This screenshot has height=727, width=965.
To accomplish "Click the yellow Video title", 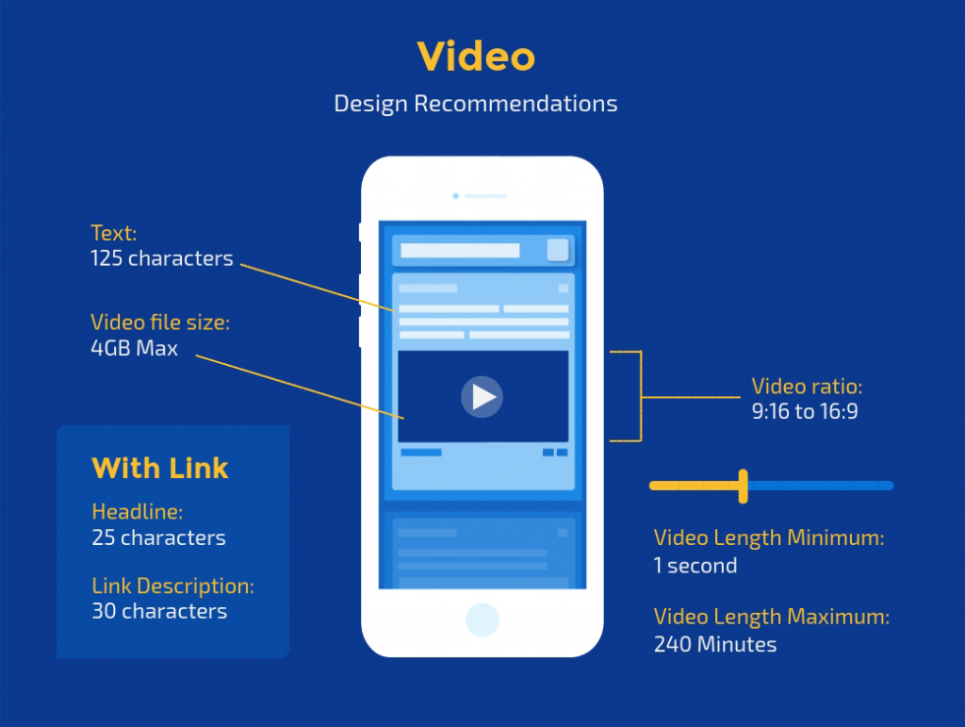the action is click(x=476, y=57).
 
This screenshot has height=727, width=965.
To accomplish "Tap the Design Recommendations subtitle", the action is click(x=476, y=104).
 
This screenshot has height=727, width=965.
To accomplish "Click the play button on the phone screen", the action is click(x=482, y=397).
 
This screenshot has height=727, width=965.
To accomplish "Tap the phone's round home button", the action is click(x=482, y=620).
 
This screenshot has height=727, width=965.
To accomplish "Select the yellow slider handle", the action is click(x=744, y=487).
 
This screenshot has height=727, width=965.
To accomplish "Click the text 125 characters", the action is click(x=162, y=258).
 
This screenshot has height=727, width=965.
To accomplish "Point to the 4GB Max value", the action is click(x=134, y=349).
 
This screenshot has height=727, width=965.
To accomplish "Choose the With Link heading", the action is click(x=160, y=468).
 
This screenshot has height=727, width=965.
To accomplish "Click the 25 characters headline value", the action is click(x=158, y=538).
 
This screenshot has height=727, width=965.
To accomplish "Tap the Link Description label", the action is click(x=173, y=587).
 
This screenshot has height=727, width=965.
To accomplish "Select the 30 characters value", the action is click(x=159, y=611).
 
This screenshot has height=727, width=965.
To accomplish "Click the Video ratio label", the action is click(x=807, y=387).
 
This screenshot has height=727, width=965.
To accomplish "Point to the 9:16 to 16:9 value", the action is click(x=805, y=411).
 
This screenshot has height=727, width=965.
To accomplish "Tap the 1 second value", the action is click(x=695, y=566).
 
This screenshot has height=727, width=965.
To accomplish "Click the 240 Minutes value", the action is click(x=715, y=645).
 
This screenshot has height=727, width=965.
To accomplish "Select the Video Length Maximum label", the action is click(x=772, y=617).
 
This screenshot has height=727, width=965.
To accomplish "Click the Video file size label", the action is click(x=160, y=322).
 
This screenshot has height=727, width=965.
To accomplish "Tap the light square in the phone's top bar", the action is click(x=558, y=250).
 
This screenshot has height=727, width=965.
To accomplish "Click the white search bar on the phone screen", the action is click(x=460, y=251).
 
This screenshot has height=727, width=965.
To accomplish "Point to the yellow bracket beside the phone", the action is click(x=641, y=396).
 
